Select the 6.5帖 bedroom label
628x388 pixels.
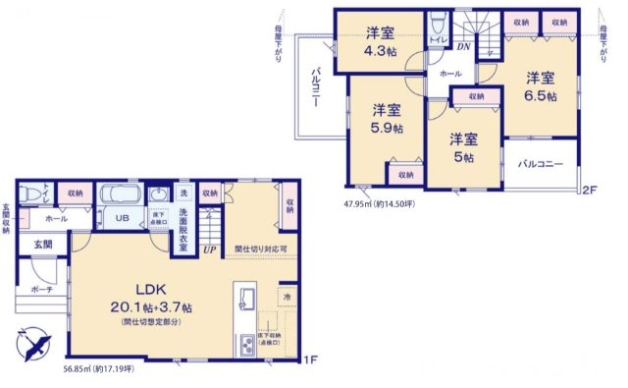pos(539,86)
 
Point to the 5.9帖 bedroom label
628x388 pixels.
pos(385,119)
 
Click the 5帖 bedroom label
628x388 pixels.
pos(463,146)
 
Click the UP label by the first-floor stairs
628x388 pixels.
pos(209,249)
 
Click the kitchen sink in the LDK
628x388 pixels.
pos(247,299)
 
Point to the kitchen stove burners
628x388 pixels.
pos(245,345)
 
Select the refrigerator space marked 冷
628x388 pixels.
pos(287,296)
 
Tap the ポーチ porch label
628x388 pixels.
pos(42,291)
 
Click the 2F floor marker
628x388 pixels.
pos(589,189)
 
